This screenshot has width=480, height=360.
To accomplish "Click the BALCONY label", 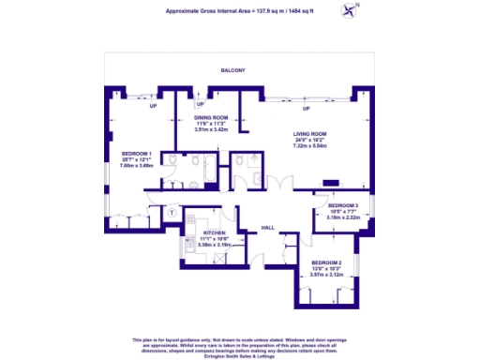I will coord(232,71).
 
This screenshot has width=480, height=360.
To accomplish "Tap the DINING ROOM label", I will coord(211,116).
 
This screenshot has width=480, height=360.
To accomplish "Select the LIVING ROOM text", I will coord(308,133).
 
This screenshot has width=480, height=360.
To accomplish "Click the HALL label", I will coord(267,227).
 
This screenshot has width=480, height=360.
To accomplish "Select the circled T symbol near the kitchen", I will coord(173,212).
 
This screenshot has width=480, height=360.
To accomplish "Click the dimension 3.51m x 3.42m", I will coord(211,129).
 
